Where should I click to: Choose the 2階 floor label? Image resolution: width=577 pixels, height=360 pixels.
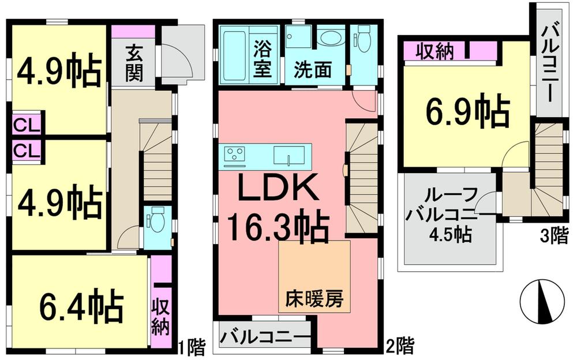pyautogui.click(x=399, y=346)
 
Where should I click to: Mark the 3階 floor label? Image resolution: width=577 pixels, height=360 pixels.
pyautogui.click(x=554, y=237)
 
